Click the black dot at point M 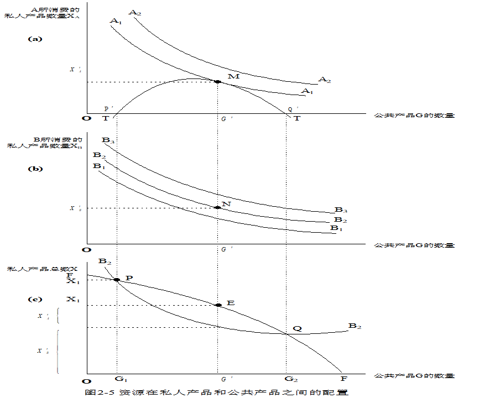[217, 82]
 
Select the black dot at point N [217, 208]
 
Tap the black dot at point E [218, 305]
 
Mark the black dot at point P [117, 280]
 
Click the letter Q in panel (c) [297, 328]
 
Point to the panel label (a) [35, 39]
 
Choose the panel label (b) [35, 169]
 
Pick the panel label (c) [35, 299]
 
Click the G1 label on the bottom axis [121, 379]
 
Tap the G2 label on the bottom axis [291, 379]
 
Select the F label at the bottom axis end [343, 379]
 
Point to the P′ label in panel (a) [108, 109]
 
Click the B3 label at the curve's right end [341, 210]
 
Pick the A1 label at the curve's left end [116, 21]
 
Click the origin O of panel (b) [85, 250]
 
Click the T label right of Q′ [297, 119]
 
